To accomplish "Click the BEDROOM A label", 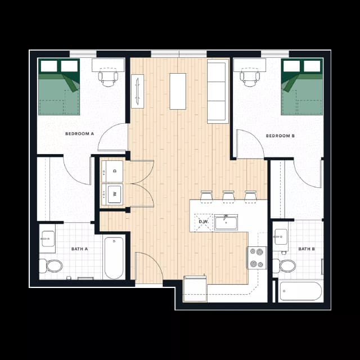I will click(x=79, y=134).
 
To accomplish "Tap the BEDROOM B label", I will click(x=280, y=136).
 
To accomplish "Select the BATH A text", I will click(x=79, y=249).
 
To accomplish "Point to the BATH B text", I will click(x=305, y=249).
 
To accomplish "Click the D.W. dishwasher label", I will click(x=204, y=222).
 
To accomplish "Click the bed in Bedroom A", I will click(x=58, y=87).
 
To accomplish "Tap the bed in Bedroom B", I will click(x=301, y=87).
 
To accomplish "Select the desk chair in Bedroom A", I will click(x=108, y=78).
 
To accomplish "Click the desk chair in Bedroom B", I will click(x=250, y=78).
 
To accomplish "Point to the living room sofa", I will click(x=217, y=91).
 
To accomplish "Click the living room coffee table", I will click(x=178, y=91).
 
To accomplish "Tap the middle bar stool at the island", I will click(x=228, y=196).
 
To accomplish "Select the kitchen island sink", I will click(x=226, y=222).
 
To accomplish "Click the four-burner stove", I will click(x=257, y=258).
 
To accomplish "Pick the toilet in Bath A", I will click(x=53, y=265).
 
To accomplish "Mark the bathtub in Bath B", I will click(x=300, y=291).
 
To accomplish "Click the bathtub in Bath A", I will click(x=114, y=258).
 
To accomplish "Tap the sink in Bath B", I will click(x=280, y=237).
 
